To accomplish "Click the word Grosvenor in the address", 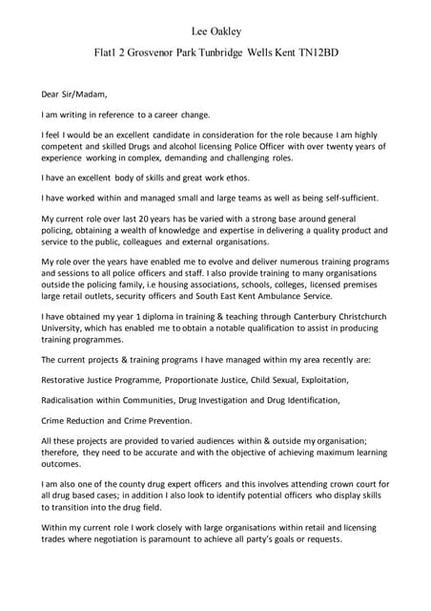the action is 153,53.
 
